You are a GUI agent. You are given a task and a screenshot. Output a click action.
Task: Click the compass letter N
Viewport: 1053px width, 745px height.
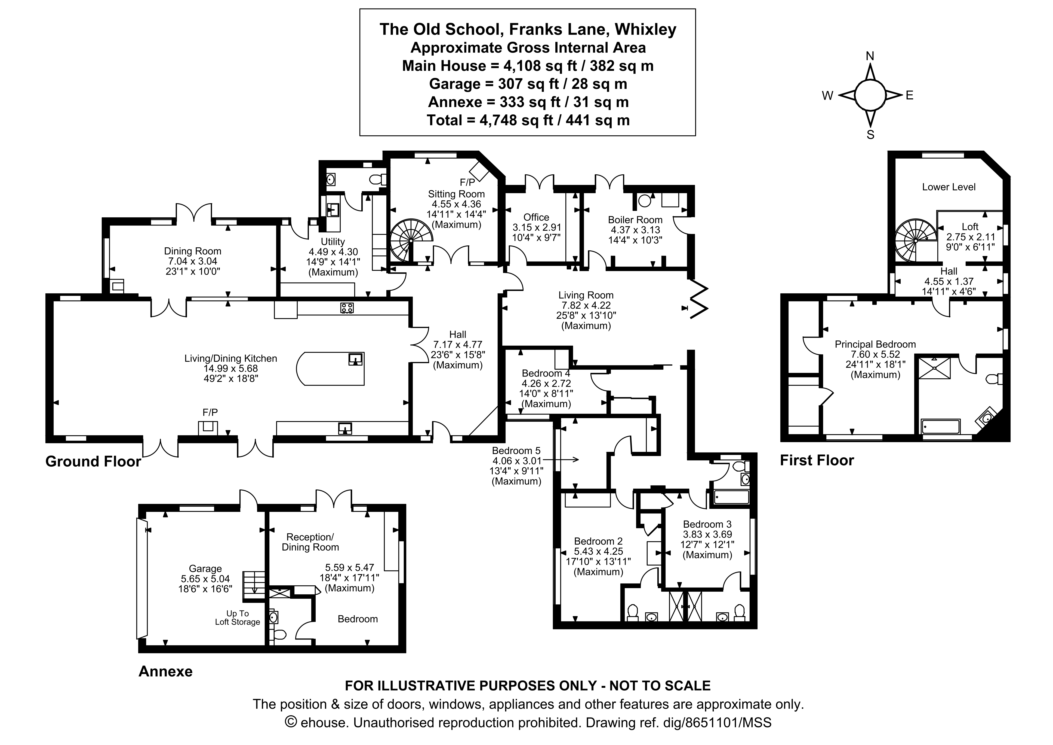[870, 56]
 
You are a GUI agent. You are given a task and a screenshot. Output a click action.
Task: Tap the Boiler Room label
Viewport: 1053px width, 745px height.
[635, 220]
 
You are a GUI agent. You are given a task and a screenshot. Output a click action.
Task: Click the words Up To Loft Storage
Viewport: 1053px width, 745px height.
[238, 618]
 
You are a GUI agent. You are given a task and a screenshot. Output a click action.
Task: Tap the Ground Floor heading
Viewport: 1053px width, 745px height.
[93, 461]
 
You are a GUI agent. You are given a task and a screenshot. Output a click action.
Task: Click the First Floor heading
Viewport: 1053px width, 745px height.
[817, 460]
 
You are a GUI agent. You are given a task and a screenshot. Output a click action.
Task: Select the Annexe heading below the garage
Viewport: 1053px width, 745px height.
[165, 671]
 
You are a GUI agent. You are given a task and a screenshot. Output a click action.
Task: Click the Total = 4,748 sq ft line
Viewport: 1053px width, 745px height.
[528, 120]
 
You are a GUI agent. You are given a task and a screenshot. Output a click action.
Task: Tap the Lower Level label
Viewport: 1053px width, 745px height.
[949, 187]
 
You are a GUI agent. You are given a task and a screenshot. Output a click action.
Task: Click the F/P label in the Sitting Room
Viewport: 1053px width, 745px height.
[467, 182]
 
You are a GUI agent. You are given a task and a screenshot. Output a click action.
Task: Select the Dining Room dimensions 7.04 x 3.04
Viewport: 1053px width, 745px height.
[193, 261]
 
